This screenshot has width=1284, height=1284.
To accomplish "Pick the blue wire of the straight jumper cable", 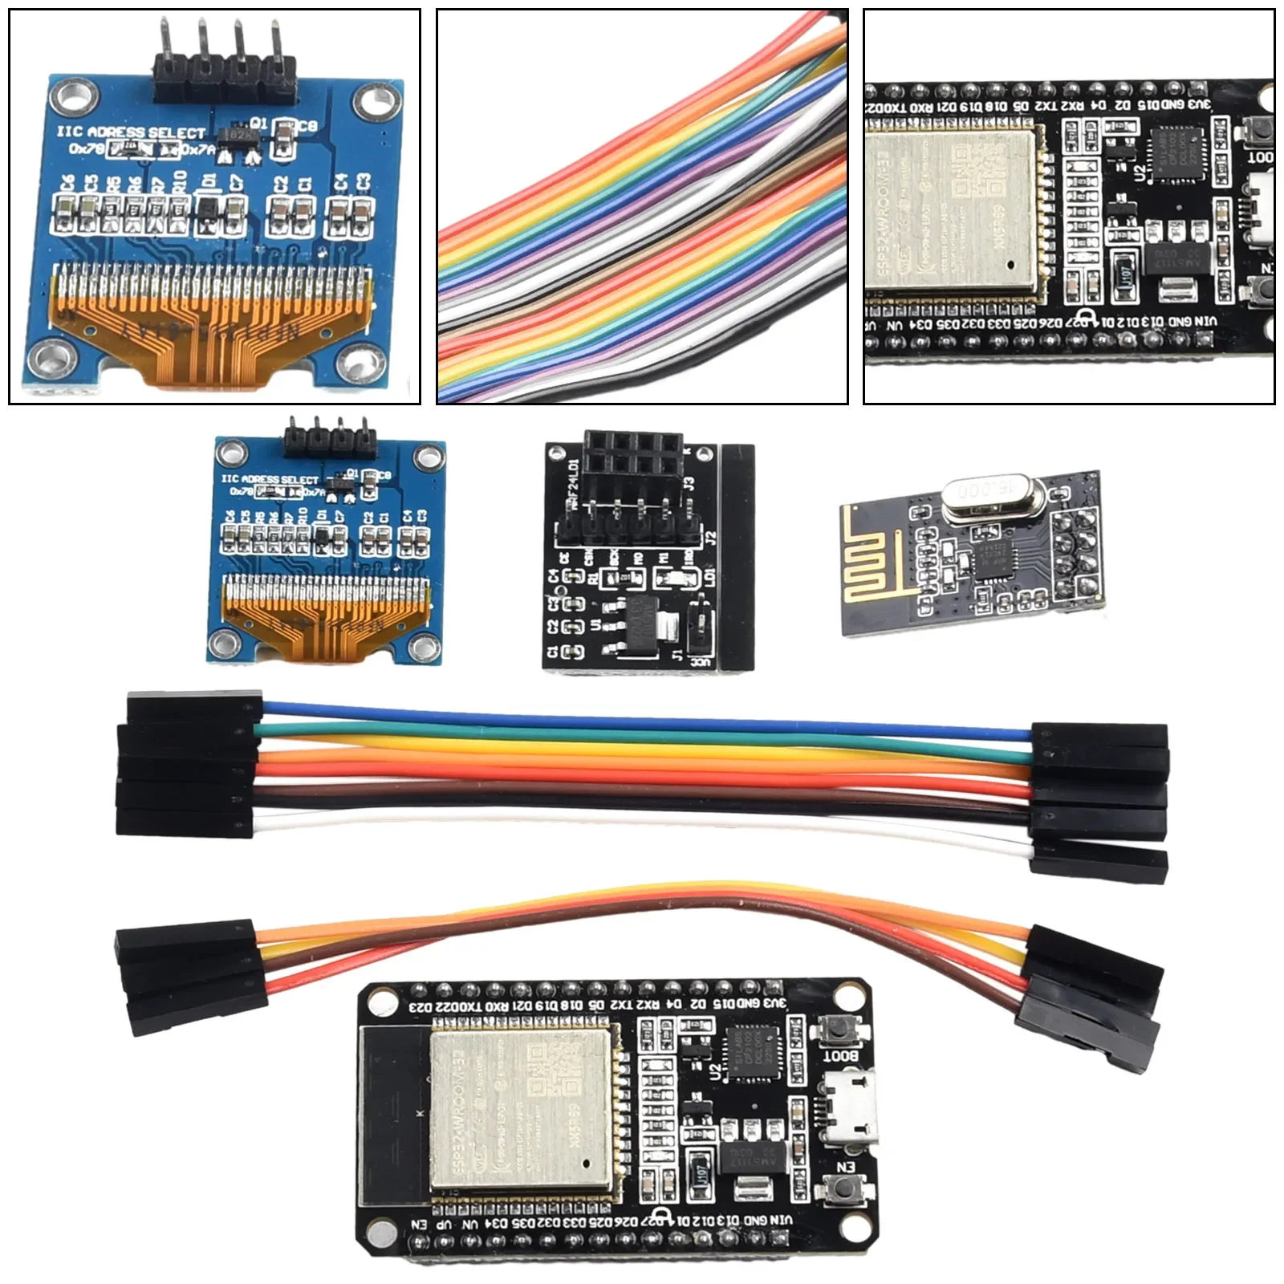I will coord(642,720).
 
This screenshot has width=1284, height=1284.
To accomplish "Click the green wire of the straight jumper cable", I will coord(642,736).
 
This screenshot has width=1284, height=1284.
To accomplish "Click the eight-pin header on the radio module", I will coord(1075,550).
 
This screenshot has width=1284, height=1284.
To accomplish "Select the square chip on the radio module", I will coord(993,555).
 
